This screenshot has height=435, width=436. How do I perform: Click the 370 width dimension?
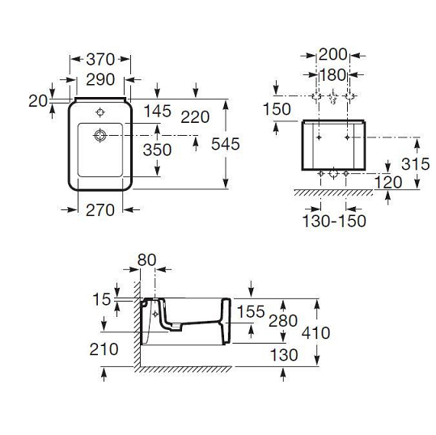pyautogui.click(x=100, y=59)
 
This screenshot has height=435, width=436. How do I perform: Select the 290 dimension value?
pyautogui.click(x=100, y=79)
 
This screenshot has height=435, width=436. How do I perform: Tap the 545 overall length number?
pyautogui.click(x=226, y=144)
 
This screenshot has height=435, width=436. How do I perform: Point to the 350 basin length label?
pyautogui.click(x=157, y=150)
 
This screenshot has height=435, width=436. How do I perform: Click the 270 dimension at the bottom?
pyautogui.click(x=100, y=210)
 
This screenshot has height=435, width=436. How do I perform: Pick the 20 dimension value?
pyautogui.click(x=38, y=101)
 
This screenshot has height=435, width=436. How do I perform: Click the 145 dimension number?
pyautogui.click(x=158, y=112)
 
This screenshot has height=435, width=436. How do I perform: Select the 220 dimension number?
pyautogui.click(x=195, y=116)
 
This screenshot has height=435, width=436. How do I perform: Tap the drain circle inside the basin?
pyautogui.click(x=100, y=135)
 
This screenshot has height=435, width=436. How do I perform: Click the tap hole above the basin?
pyautogui.click(x=100, y=112)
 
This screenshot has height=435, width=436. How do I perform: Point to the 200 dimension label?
pyautogui.click(x=332, y=54)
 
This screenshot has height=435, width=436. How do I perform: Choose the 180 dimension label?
pyautogui.click(x=332, y=74)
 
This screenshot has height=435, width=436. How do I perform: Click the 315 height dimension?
pyautogui.click(x=416, y=163)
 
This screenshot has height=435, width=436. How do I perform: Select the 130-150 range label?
pyautogui.click(x=334, y=221)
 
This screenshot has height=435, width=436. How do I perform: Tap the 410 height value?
pyautogui.click(x=315, y=332)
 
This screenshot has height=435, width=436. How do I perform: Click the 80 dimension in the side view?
pyautogui.click(x=147, y=260)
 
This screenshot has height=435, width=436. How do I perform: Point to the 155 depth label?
pyautogui.click(x=251, y=311)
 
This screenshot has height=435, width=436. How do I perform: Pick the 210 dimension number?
pyautogui.click(x=104, y=349)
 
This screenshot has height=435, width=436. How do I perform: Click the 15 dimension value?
pyautogui.click(x=102, y=299)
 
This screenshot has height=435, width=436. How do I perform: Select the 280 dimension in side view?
pyautogui.click(x=283, y=321)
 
